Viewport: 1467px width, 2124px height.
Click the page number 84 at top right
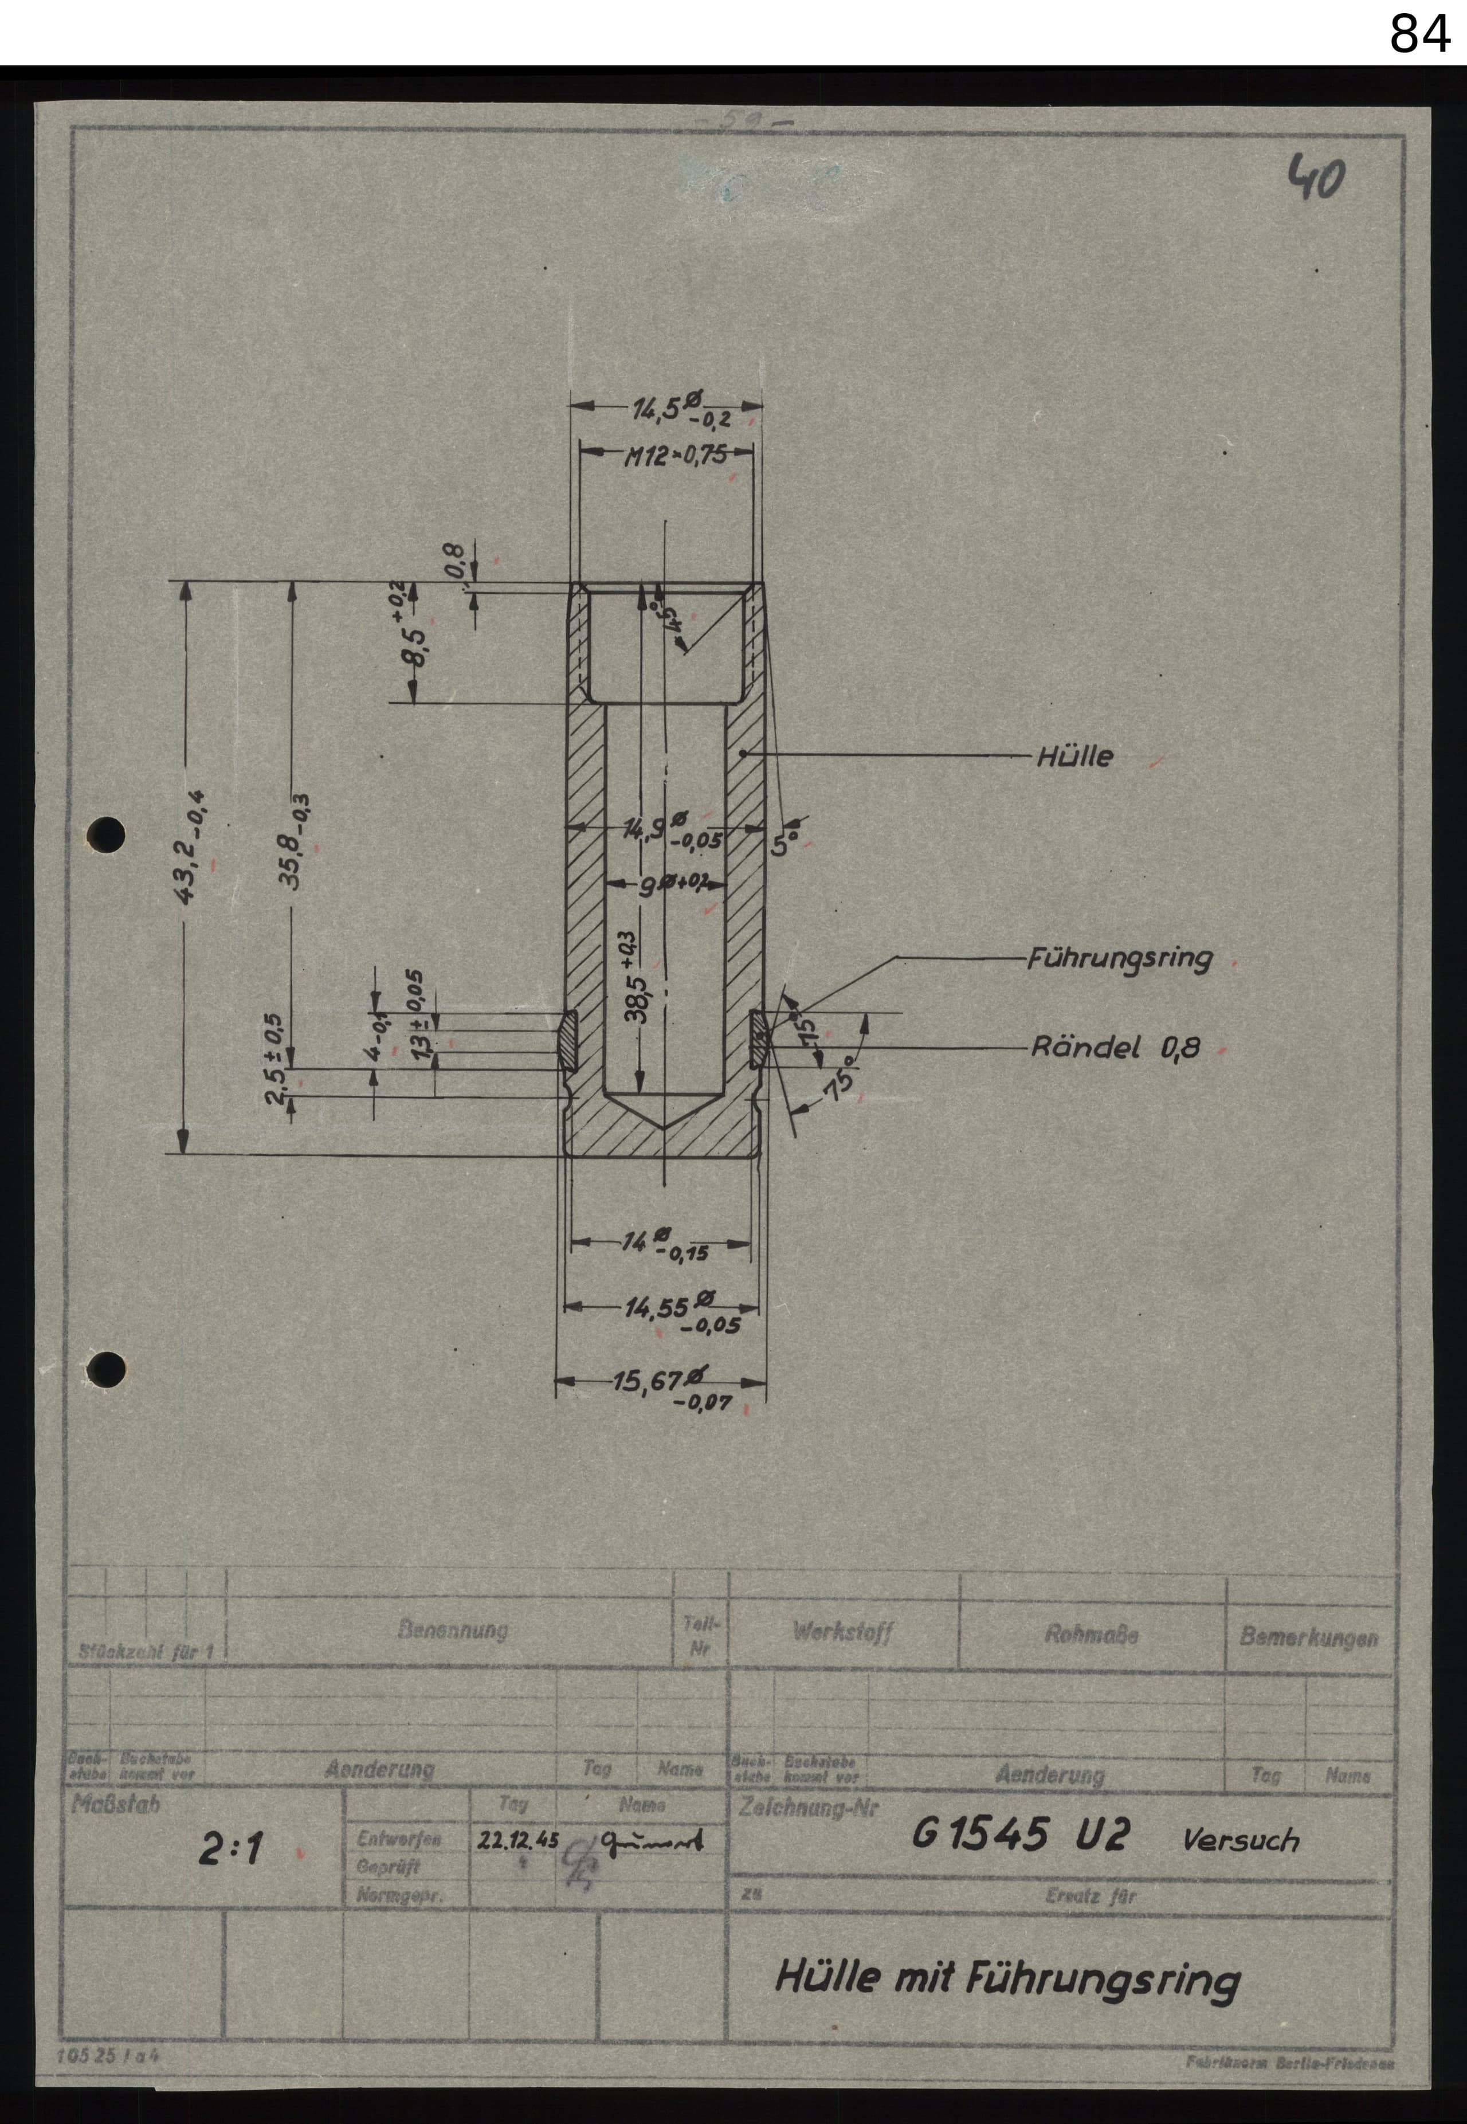tap(1419, 35)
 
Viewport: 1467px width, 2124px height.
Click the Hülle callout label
tap(1074, 757)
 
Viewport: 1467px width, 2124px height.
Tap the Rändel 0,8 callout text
tap(1115, 1047)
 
